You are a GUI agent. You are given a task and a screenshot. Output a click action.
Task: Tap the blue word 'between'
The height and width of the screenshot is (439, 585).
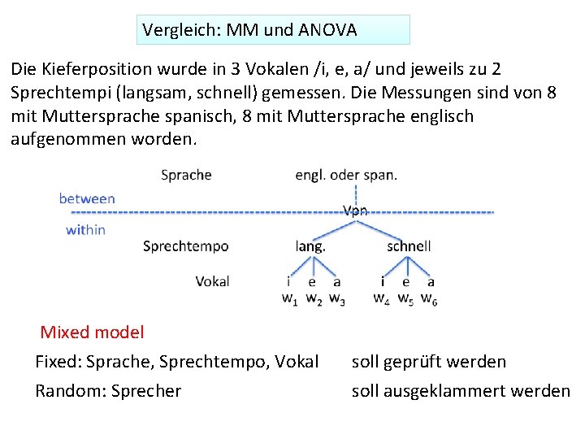pos(87,198)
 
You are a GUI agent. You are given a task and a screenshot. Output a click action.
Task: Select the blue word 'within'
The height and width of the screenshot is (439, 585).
pos(85,230)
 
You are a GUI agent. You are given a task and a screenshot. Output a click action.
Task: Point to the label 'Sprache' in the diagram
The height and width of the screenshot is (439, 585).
pos(186,175)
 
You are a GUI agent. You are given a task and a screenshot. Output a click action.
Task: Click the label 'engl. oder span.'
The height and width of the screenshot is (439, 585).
pos(346,175)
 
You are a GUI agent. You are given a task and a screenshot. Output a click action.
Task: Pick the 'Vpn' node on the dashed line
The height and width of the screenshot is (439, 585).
pos(355,211)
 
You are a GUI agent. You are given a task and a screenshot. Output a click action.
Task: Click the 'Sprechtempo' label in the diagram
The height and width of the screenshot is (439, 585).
pos(185,246)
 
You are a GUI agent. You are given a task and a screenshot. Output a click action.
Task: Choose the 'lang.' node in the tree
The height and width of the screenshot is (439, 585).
pos(310,246)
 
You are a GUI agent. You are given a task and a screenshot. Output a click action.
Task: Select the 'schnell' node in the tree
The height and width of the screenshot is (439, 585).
pos(409,246)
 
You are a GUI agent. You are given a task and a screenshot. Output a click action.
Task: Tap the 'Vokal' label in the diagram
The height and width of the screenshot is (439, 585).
pos(212,281)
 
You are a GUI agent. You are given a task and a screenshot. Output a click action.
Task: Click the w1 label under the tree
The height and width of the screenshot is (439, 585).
pos(289,298)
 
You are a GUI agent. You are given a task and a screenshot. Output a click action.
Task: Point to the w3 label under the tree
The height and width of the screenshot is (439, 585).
pos(337,298)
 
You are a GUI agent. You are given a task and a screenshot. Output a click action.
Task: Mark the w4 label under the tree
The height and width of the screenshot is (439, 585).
pos(381,298)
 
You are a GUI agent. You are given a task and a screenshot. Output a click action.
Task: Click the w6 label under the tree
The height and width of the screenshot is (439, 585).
pos(430,298)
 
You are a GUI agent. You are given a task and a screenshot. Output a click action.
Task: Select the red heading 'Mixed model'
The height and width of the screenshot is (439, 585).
pos(92,332)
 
